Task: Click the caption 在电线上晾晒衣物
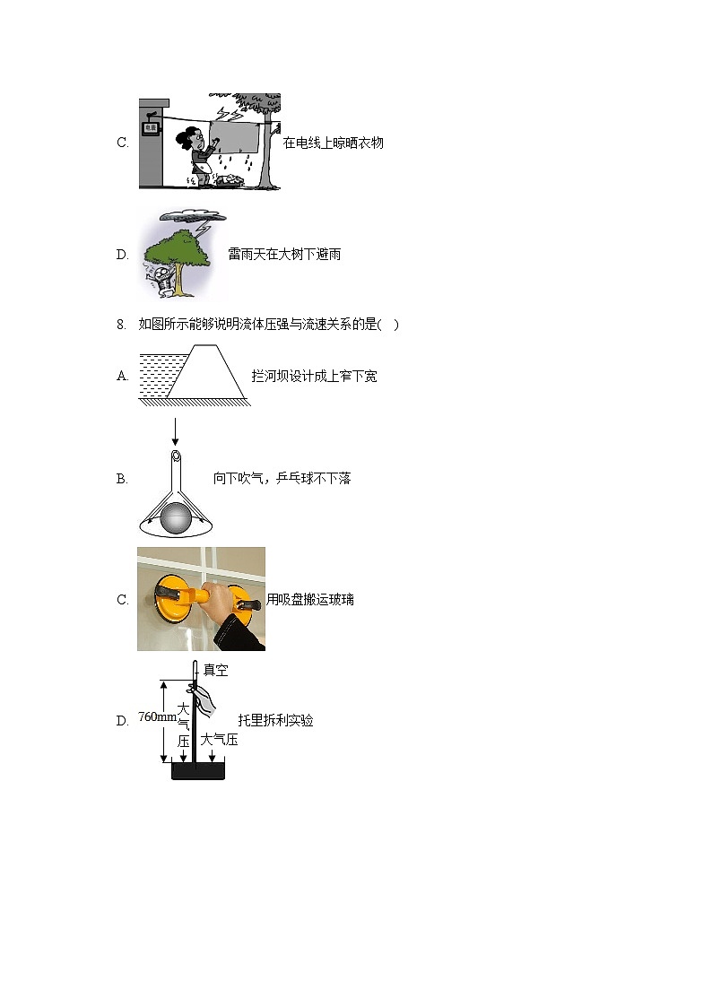click(x=334, y=143)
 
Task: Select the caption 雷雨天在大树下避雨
click(x=284, y=255)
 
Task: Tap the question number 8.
click(x=121, y=325)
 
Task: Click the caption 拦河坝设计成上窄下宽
click(x=315, y=377)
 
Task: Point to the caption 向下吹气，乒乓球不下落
click(x=282, y=479)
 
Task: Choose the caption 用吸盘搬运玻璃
click(x=310, y=599)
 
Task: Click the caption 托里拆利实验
click(x=275, y=720)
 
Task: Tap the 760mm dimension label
click(x=157, y=717)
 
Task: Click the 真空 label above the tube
click(x=216, y=670)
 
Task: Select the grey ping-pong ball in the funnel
click(x=177, y=520)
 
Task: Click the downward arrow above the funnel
click(x=176, y=430)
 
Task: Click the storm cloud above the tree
click(x=188, y=217)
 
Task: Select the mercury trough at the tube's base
click(x=197, y=771)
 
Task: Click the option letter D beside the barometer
click(x=122, y=720)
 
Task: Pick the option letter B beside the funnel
click(x=122, y=479)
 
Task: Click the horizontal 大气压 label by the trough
click(x=219, y=740)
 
